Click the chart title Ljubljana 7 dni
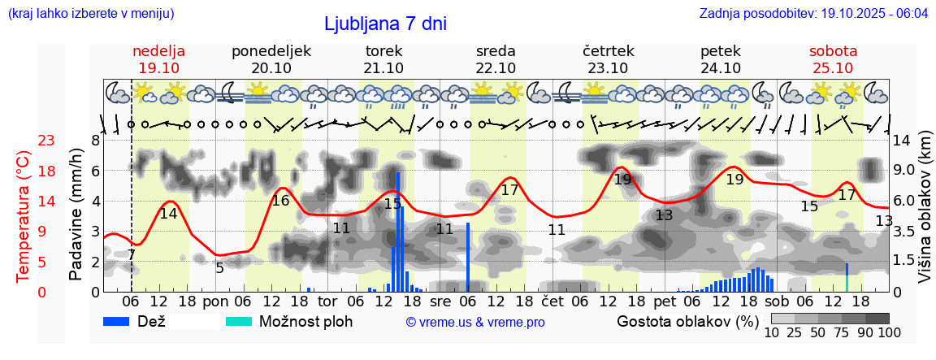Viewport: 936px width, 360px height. point(385,24)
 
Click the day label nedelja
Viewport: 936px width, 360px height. point(159,51)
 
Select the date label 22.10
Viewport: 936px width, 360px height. point(496,68)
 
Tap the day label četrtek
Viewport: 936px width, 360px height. point(609,51)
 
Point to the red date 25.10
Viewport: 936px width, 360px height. point(833,68)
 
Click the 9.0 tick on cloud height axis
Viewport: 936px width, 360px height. point(905,170)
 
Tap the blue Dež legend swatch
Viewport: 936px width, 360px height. point(122,321)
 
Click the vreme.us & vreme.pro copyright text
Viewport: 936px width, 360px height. point(475,323)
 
